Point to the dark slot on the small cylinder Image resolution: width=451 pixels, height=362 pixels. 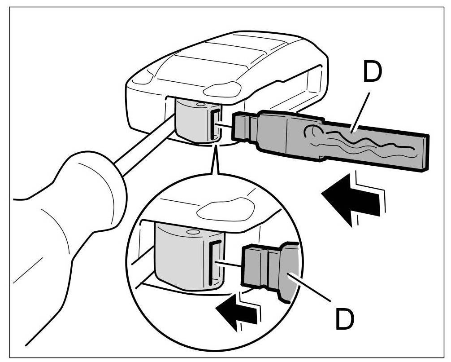click(x=215, y=124)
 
